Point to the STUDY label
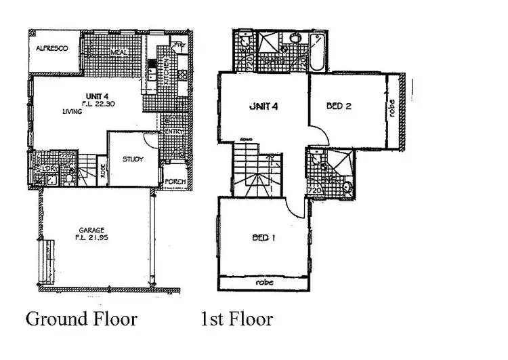(x=133, y=160)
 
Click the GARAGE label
(x=90, y=229)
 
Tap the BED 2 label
(x=337, y=106)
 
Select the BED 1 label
(x=263, y=238)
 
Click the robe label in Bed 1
(x=265, y=282)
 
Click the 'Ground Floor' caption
(x=81, y=318)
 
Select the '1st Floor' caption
(x=237, y=318)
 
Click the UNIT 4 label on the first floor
(x=263, y=106)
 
